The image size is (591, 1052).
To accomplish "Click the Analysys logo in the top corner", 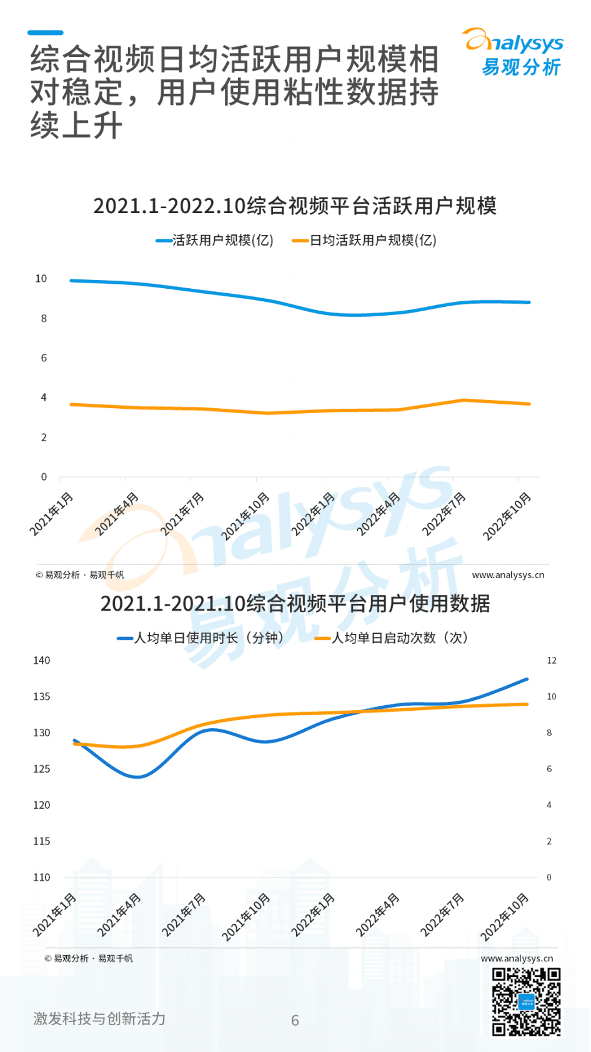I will coord(514,53).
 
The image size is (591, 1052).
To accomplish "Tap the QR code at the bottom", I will coord(526,1001).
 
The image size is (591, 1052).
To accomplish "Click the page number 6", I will coord(295,1020).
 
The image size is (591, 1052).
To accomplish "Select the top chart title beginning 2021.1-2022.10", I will coord(295,206).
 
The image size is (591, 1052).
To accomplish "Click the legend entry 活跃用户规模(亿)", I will coord(216,241).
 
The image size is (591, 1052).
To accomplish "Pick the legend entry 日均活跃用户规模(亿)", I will coord(365,241).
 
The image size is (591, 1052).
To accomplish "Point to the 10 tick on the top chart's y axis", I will coord(41,279).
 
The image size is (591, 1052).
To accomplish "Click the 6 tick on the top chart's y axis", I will coord(44,358).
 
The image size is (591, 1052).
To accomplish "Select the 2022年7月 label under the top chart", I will coord(444,514).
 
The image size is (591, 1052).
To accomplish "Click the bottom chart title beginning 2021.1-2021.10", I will coord(295,603).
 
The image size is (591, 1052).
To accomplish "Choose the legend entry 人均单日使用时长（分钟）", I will coord(201,638).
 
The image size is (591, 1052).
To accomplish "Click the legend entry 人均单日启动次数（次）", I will coord(392,638).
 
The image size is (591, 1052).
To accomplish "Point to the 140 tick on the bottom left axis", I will coord(42,661).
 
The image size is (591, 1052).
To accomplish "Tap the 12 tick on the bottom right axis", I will coord(551,661).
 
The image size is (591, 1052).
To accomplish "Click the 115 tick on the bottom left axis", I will coord(42,841).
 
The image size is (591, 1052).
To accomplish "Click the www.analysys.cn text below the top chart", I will coord(508,575).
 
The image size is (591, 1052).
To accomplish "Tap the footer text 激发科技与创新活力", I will coord(99,1019).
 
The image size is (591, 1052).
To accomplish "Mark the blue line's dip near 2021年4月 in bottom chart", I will coord(137,777).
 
